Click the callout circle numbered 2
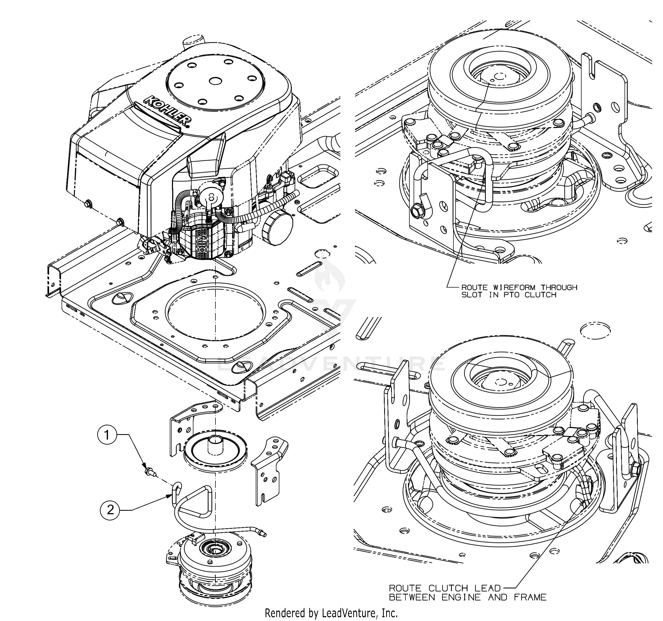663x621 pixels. click(110, 510)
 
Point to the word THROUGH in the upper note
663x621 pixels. click(559, 288)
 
